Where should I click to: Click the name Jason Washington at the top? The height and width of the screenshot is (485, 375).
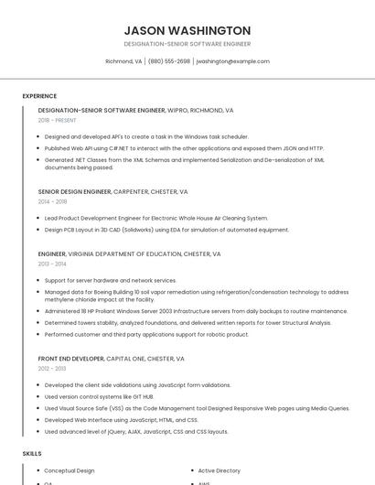(x=187, y=30)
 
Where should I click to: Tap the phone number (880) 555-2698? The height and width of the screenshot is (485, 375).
(x=169, y=61)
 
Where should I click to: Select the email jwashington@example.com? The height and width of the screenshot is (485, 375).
(x=232, y=61)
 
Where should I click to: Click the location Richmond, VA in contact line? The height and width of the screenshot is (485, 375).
(x=123, y=61)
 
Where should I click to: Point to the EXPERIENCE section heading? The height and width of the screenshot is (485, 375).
(x=39, y=95)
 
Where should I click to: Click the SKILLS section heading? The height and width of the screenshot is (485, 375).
(x=32, y=453)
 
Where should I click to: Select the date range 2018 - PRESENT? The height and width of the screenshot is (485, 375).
(x=58, y=120)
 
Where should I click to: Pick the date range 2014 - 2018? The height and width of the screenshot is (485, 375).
(x=53, y=201)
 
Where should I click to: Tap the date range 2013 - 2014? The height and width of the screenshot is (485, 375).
(x=52, y=264)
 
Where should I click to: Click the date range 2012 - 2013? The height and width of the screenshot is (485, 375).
(x=52, y=369)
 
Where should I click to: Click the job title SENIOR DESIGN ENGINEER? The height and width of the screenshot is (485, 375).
(x=75, y=192)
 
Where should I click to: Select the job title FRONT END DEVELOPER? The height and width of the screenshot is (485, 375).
(x=71, y=359)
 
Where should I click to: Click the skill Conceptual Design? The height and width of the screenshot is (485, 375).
(x=70, y=470)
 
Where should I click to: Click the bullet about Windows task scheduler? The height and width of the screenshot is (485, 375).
(x=146, y=136)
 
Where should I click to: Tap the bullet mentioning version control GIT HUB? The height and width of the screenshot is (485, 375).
(x=99, y=396)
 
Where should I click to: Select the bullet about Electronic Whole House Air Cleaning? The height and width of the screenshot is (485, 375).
(x=155, y=218)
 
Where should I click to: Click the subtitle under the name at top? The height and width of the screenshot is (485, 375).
(x=187, y=44)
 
